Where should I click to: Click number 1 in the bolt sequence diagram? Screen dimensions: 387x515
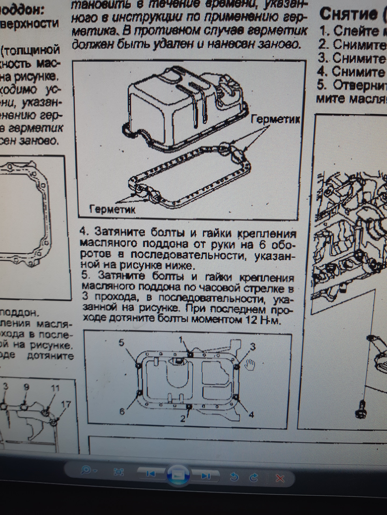(x=182, y=340)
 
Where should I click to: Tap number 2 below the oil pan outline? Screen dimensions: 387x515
(x=183, y=418)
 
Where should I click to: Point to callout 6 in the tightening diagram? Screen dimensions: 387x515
(x=122, y=411)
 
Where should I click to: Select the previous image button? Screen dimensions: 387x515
(x=151, y=474)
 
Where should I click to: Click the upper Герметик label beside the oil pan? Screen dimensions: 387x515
(x=275, y=119)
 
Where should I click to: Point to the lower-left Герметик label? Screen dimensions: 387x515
(x=112, y=209)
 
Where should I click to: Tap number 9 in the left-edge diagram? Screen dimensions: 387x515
(x=26, y=387)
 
